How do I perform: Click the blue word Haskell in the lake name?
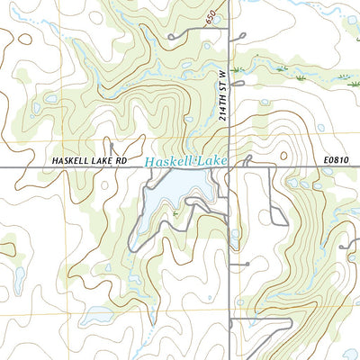click(x=170, y=162)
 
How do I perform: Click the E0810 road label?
click(x=336, y=160)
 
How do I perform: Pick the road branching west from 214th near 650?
click(x=193, y=32)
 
